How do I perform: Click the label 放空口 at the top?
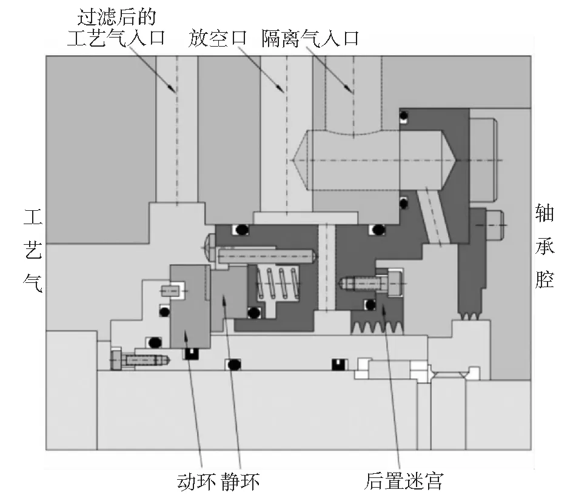pos(218,38)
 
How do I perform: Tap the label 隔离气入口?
pos(310,38)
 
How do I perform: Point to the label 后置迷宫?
pos(404,481)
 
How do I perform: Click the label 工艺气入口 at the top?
pos(116,38)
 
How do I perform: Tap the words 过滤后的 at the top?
pos(117,17)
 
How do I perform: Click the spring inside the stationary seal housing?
pos(277,284)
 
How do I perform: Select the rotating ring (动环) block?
pos(190,306)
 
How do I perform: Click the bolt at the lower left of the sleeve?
pos(139,360)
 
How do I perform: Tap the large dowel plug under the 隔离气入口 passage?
pos(374,160)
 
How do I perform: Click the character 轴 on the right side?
pos(545,214)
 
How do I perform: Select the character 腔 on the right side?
pos(545,279)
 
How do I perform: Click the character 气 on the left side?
pos(33,284)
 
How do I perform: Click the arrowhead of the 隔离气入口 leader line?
pos(349,88)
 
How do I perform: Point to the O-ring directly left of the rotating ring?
pos(164,312)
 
